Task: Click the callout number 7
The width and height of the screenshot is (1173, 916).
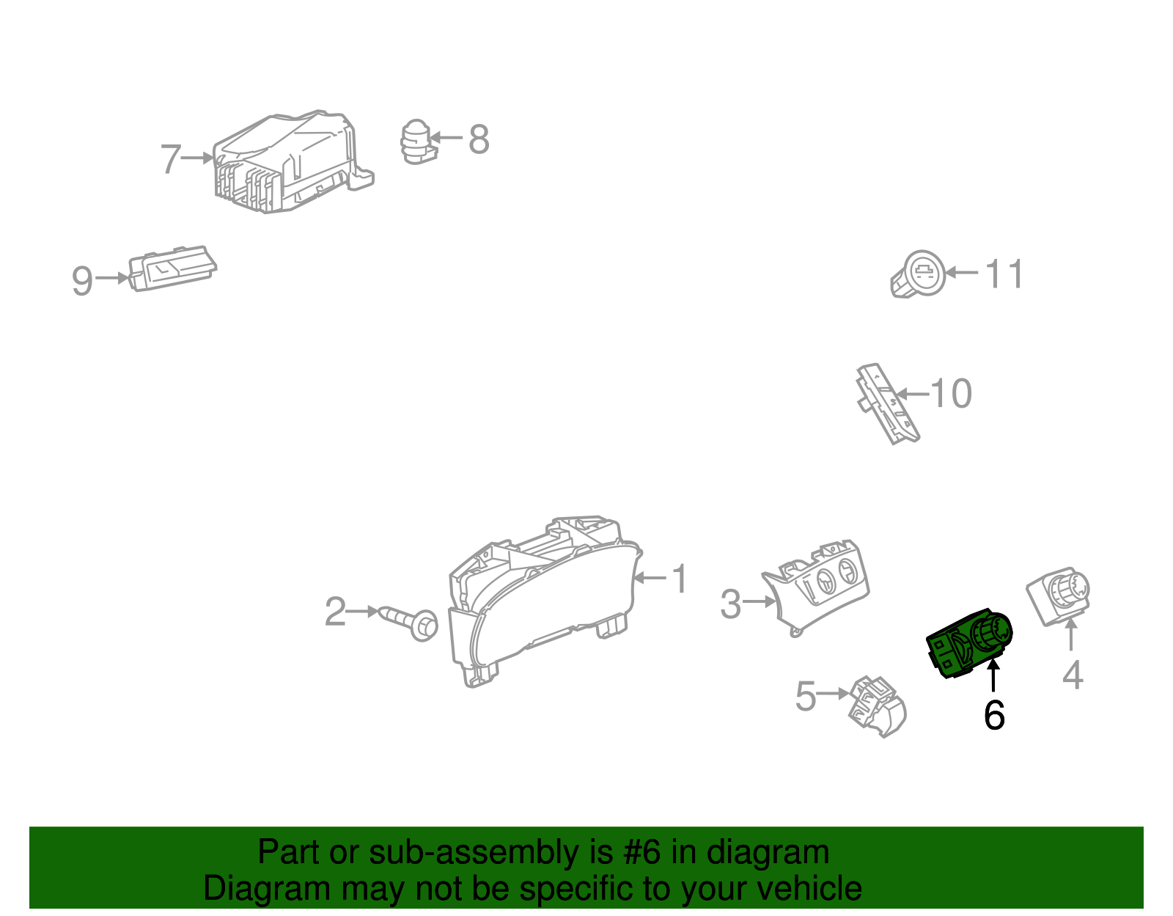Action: point(171,158)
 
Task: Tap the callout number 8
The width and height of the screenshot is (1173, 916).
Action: point(478,139)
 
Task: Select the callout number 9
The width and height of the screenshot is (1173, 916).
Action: point(83,281)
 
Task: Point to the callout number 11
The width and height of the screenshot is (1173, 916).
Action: point(1004,274)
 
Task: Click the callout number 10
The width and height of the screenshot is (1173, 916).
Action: point(951,393)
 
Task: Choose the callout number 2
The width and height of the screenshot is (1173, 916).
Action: point(335,612)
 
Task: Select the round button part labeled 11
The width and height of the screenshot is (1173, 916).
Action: point(918,274)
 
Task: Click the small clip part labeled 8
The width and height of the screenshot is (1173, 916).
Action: point(416,142)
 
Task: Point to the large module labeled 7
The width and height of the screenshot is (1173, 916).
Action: point(294,162)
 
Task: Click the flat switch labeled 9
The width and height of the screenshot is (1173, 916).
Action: point(172,268)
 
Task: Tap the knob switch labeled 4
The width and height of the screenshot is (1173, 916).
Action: point(1058,596)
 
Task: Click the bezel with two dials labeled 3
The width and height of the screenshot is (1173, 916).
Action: point(816,587)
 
